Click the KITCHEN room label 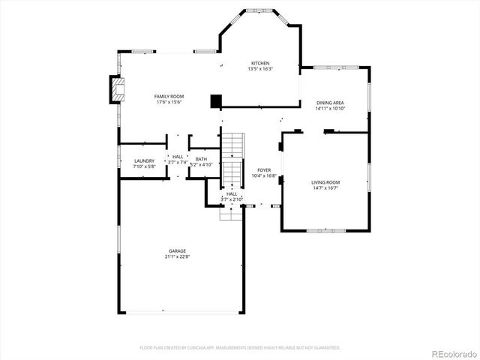pyautogui.click(x=260, y=63)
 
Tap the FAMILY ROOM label pyautogui.click(x=169, y=97)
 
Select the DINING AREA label pyautogui.click(x=330, y=103)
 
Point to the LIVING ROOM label pyautogui.click(x=325, y=182)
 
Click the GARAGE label pyautogui.click(x=177, y=251)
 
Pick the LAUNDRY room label pyautogui.click(x=144, y=161)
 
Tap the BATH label pyautogui.click(x=201, y=159)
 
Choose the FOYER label pyautogui.click(x=264, y=170)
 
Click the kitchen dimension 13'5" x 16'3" pyautogui.click(x=260, y=69)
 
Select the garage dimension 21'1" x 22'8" pyautogui.click(x=177, y=256)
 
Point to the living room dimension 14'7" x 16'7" pyautogui.click(x=325, y=187)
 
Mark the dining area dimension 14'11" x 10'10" pyautogui.click(x=330, y=108)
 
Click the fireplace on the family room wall pyautogui.click(x=116, y=89)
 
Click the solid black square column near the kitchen pyautogui.click(x=216, y=100)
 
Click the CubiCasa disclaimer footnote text pyautogui.click(x=240, y=348)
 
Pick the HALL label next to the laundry pyautogui.click(x=178, y=157)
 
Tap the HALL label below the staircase pyautogui.click(x=232, y=194)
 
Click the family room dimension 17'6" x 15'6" pyautogui.click(x=169, y=102)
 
